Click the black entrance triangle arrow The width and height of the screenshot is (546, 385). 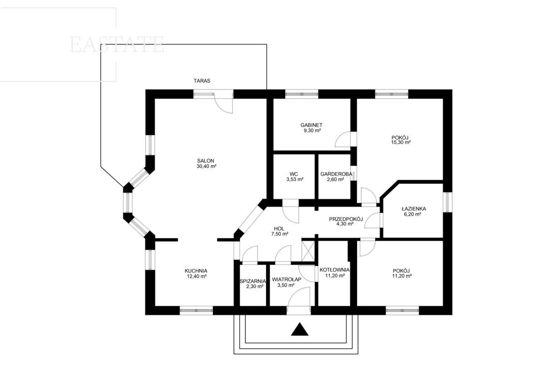tap(299, 329)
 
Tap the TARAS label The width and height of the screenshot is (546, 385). tap(202, 81)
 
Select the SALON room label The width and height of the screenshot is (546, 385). tap(206, 161)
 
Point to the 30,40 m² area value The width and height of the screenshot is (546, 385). tap(207, 167)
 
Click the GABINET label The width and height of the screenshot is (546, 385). tap(311, 125)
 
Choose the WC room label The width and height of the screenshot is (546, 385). tap(294, 174)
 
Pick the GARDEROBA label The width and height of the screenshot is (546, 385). tap(336, 174)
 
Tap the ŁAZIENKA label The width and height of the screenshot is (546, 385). tap(414, 209)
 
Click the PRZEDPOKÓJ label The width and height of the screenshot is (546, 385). tap(346, 219)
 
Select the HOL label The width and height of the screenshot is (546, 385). tap(279, 229)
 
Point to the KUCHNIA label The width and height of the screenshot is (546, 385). tap(196, 271)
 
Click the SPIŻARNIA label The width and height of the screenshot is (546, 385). tap(253, 281)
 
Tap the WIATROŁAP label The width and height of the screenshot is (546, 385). tap(287, 279)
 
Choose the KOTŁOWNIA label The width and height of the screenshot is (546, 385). tap(334, 270)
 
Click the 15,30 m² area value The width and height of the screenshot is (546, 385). tap(401, 142)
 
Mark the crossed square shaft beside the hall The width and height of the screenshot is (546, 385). tap(308, 251)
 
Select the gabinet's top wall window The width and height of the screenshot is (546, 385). tap(302, 94)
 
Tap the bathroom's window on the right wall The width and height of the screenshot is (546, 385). tap(448, 202)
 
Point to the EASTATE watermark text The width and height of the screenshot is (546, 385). tap(117, 45)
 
